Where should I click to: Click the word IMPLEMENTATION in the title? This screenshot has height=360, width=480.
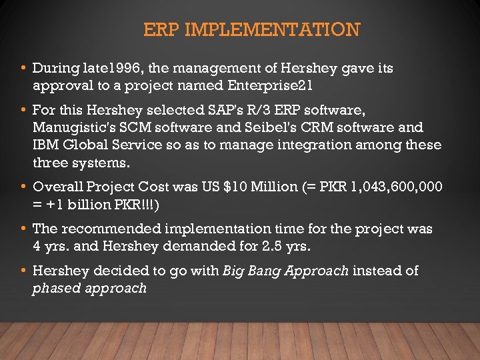pyautogui.click(x=273, y=30)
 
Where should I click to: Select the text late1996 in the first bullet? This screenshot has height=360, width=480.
pyautogui.click(x=108, y=68)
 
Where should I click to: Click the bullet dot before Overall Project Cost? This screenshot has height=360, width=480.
pyautogui.click(x=24, y=187)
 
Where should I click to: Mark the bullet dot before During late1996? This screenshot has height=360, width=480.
pyautogui.click(x=24, y=68)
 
